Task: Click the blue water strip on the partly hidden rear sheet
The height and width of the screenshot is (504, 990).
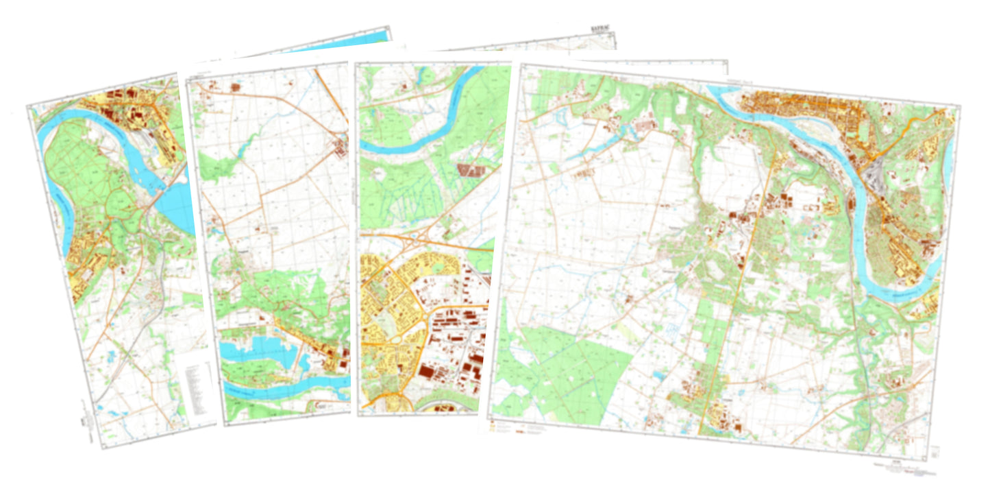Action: pyautogui.click(x=343, y=41)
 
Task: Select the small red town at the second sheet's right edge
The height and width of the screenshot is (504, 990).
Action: pyautogui.click(x=341, y=147)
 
